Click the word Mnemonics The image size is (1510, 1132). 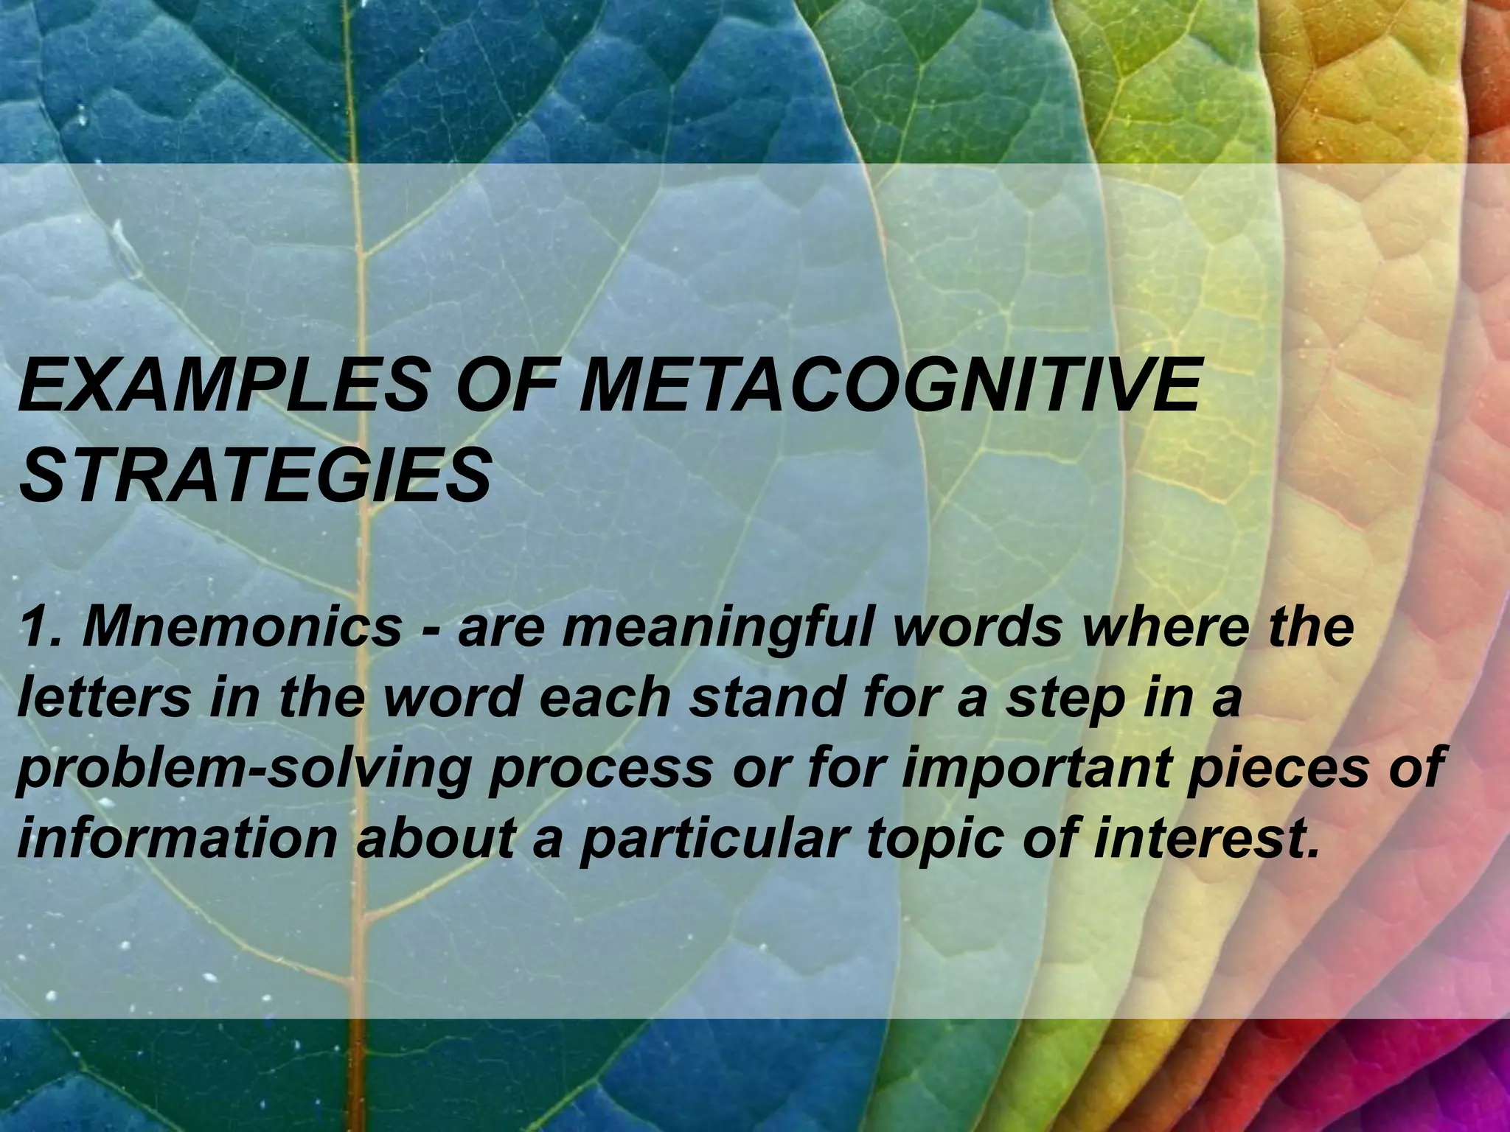243,628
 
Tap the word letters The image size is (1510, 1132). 102,698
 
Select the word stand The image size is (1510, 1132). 764,698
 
